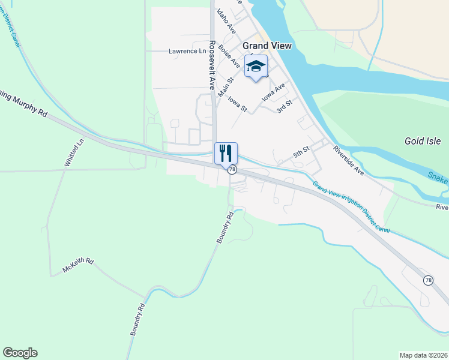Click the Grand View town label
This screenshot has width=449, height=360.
tap(267, 46)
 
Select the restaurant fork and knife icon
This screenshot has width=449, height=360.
tap(226, 153)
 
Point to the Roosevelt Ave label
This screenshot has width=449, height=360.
tap(212, 65)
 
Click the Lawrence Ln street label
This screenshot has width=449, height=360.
tap(187, 52)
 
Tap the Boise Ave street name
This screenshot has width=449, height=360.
tap(229, 55)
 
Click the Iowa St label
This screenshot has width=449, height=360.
tap(238, 103)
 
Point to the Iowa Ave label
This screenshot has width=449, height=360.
tap(273, 92)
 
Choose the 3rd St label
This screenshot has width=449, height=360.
tap(284, 107)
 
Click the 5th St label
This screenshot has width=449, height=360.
tap(301, 152)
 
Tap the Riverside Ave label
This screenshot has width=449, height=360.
tap(349, 161)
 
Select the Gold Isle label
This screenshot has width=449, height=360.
tap(423, 142)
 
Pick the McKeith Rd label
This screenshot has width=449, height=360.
tap(78, 266)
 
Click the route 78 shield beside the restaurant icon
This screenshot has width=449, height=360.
tap(232, 170)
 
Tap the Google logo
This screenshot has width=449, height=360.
tap(20, 353)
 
